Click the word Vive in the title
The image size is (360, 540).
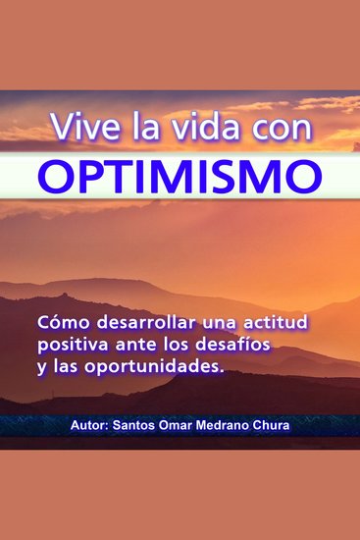tap(77, 128)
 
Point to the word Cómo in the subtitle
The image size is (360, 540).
tap(58, 322)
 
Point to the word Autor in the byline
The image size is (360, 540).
tap(89, 428)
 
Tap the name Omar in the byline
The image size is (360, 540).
tap(184, 428)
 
